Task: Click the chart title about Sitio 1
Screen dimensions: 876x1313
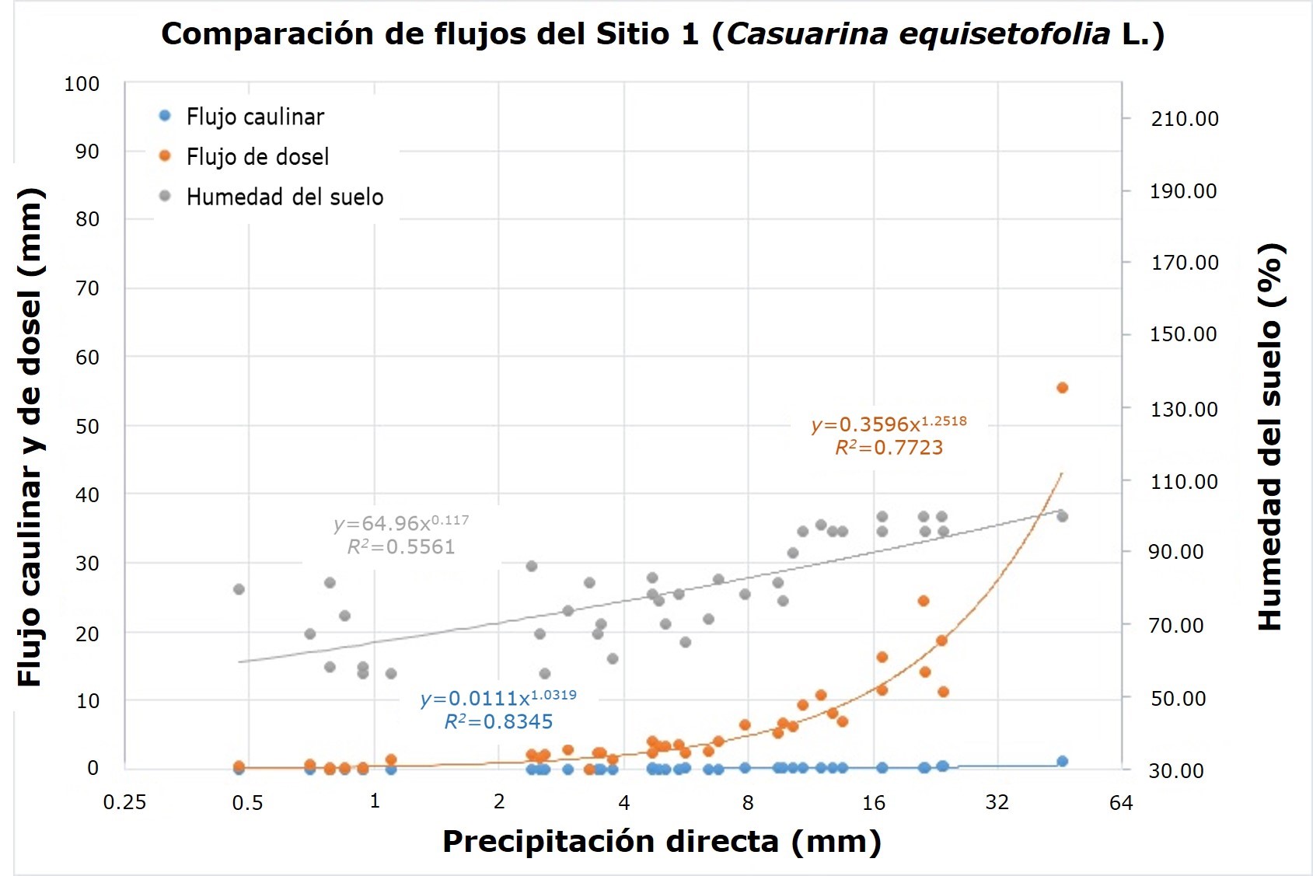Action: click(x=662, y=35)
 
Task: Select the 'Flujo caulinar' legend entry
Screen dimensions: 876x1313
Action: click(x=254, y=117)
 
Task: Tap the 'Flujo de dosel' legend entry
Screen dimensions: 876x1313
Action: click(x=257, y=157)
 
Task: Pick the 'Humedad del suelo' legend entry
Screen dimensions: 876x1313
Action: click(x=284, y=197)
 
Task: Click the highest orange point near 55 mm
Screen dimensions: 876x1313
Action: click(x=1062, y=388)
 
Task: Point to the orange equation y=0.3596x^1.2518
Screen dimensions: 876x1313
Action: click(x=889, y=424)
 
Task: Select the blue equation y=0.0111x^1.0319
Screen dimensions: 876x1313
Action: click(x=498, y=697)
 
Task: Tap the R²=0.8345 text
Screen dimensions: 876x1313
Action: click(x=498, y=722)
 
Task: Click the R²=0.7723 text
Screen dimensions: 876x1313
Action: click(x=889, y=448)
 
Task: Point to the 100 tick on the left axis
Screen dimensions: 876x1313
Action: click(x=82, y=84)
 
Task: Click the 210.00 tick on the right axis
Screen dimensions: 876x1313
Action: click(x=1184, y=119)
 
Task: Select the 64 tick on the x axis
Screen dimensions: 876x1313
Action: click(x=1121, y=803)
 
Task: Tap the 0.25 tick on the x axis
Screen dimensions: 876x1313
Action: click(x=124, y=802)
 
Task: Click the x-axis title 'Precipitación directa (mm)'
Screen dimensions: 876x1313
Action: click(x=662, y=842)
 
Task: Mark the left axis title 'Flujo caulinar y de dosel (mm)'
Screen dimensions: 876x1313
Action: click(x=30, y=437)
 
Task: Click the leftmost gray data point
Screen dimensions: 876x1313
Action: click(x=239, y=589)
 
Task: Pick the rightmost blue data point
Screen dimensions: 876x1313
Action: click(x=1062, y=761)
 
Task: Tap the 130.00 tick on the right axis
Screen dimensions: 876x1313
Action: click(x=1183, y=410)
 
